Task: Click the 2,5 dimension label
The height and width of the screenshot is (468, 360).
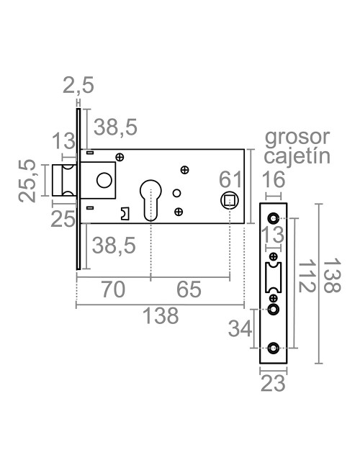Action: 78,87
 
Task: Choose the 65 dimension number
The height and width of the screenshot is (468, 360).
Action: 189,289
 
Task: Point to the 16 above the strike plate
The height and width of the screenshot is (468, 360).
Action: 272,181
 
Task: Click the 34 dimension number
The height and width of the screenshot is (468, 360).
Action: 240,328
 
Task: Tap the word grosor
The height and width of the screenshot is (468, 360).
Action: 297,137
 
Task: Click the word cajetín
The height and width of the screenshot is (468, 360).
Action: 297,156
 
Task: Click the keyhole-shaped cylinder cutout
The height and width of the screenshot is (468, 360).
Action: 150,198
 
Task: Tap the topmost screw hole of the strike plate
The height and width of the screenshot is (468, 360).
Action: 273,219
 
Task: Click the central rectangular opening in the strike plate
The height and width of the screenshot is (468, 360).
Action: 273,276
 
